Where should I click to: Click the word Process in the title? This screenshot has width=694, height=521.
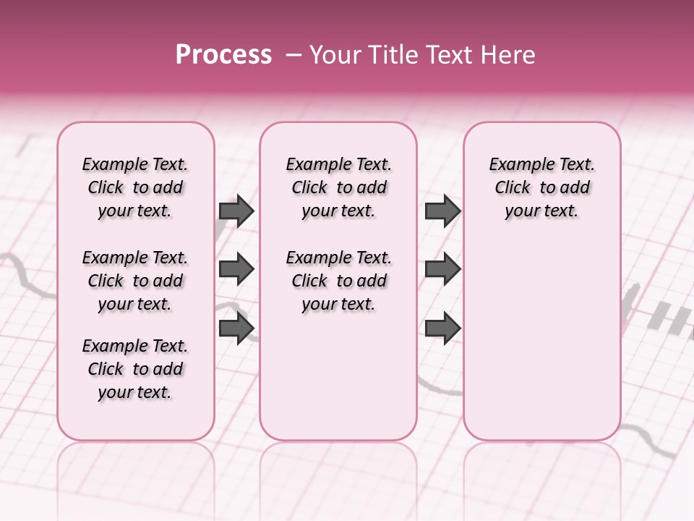223,55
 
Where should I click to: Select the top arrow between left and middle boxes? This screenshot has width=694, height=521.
236,211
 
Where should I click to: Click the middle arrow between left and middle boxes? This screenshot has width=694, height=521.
236,270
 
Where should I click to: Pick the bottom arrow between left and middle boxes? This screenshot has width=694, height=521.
236,328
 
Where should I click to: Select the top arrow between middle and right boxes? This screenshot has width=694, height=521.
442,211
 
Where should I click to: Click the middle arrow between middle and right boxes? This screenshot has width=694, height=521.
442,270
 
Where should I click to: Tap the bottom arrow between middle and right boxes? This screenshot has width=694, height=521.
442,328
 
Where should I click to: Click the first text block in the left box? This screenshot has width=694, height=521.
135,187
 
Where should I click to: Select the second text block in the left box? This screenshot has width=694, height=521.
135,281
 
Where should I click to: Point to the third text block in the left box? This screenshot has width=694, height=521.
135,369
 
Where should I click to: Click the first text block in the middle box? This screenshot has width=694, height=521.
338,187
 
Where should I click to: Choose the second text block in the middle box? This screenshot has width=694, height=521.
338,281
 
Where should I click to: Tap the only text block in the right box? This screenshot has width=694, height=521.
541,187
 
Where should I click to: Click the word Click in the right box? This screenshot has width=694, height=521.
513,188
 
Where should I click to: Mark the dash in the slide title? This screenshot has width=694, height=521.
294,56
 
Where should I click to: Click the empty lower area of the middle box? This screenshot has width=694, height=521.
338,376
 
